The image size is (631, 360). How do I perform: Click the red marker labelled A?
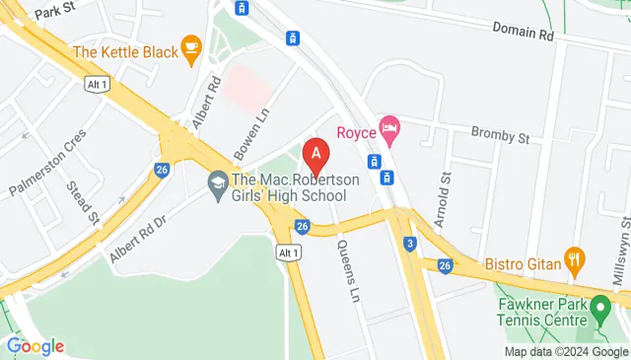pyautogui.click(x=315, y=155)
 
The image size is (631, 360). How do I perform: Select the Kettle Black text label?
pyautogui.click(x=124, y=51)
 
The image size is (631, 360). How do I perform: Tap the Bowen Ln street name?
pyautogui.click(x=248, y=133)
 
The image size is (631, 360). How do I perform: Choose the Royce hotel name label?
pyautogui.click(x=358, y=131)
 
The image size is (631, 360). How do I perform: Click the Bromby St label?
pyautogui.click(x=501, y=131)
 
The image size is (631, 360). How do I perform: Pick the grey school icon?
pyautogui.click(x=217, y=183)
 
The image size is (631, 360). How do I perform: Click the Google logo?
pyautogui.click(x=35, y=346)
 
